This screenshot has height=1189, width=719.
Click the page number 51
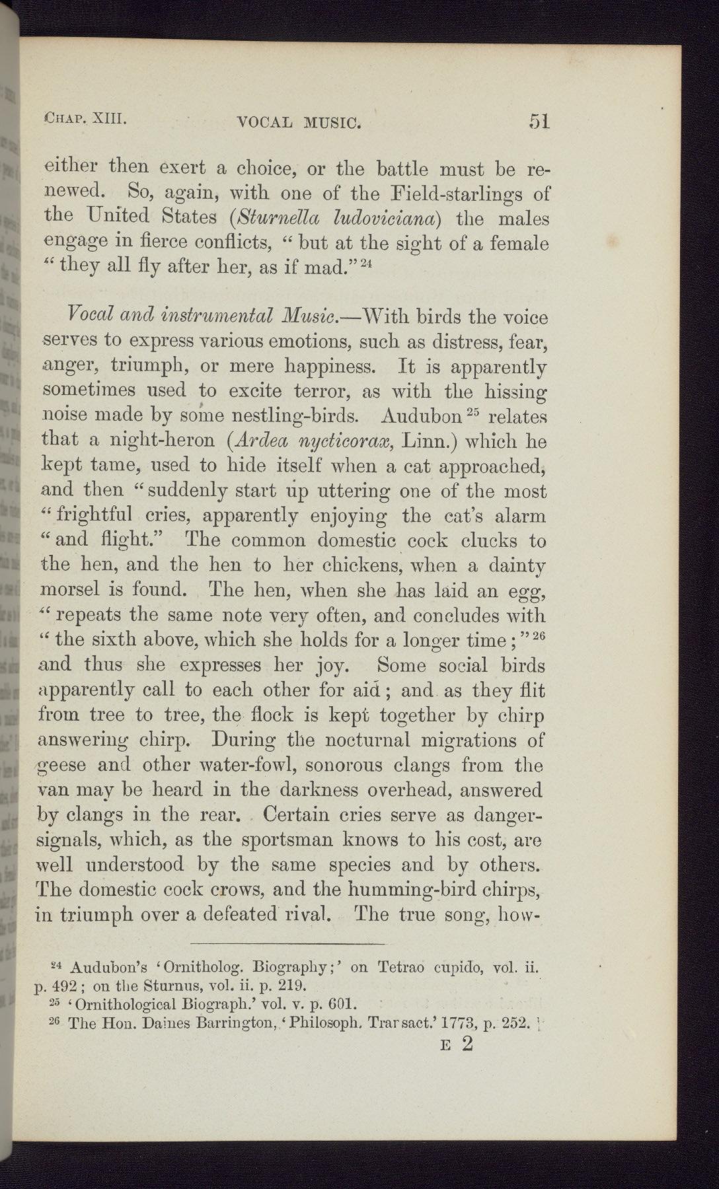click(539, 122)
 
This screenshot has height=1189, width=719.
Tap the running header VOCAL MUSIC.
click(298, 122)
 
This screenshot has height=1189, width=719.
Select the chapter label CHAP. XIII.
click(83, 119)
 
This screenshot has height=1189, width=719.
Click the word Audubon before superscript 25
click(420, 416)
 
